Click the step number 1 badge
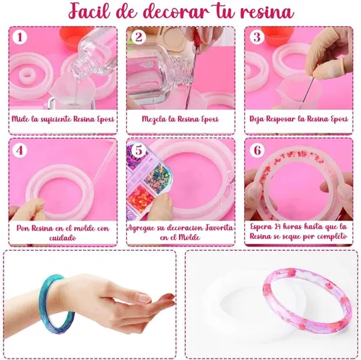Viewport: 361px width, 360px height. coord(19,37)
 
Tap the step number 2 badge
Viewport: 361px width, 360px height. coord(138,37)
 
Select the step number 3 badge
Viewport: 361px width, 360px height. coord(257,37)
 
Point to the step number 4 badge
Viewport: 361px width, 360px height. coord(19,150)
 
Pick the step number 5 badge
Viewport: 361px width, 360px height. coord(138,150)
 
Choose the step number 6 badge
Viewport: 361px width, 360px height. coord(257,150)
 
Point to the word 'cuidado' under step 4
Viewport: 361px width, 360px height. coord(63,238)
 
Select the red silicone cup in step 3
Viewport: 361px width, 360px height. coord(277,35)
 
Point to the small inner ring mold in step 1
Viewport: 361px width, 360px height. coord(27,76)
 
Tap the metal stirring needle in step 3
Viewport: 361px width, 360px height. coord(308,90)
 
